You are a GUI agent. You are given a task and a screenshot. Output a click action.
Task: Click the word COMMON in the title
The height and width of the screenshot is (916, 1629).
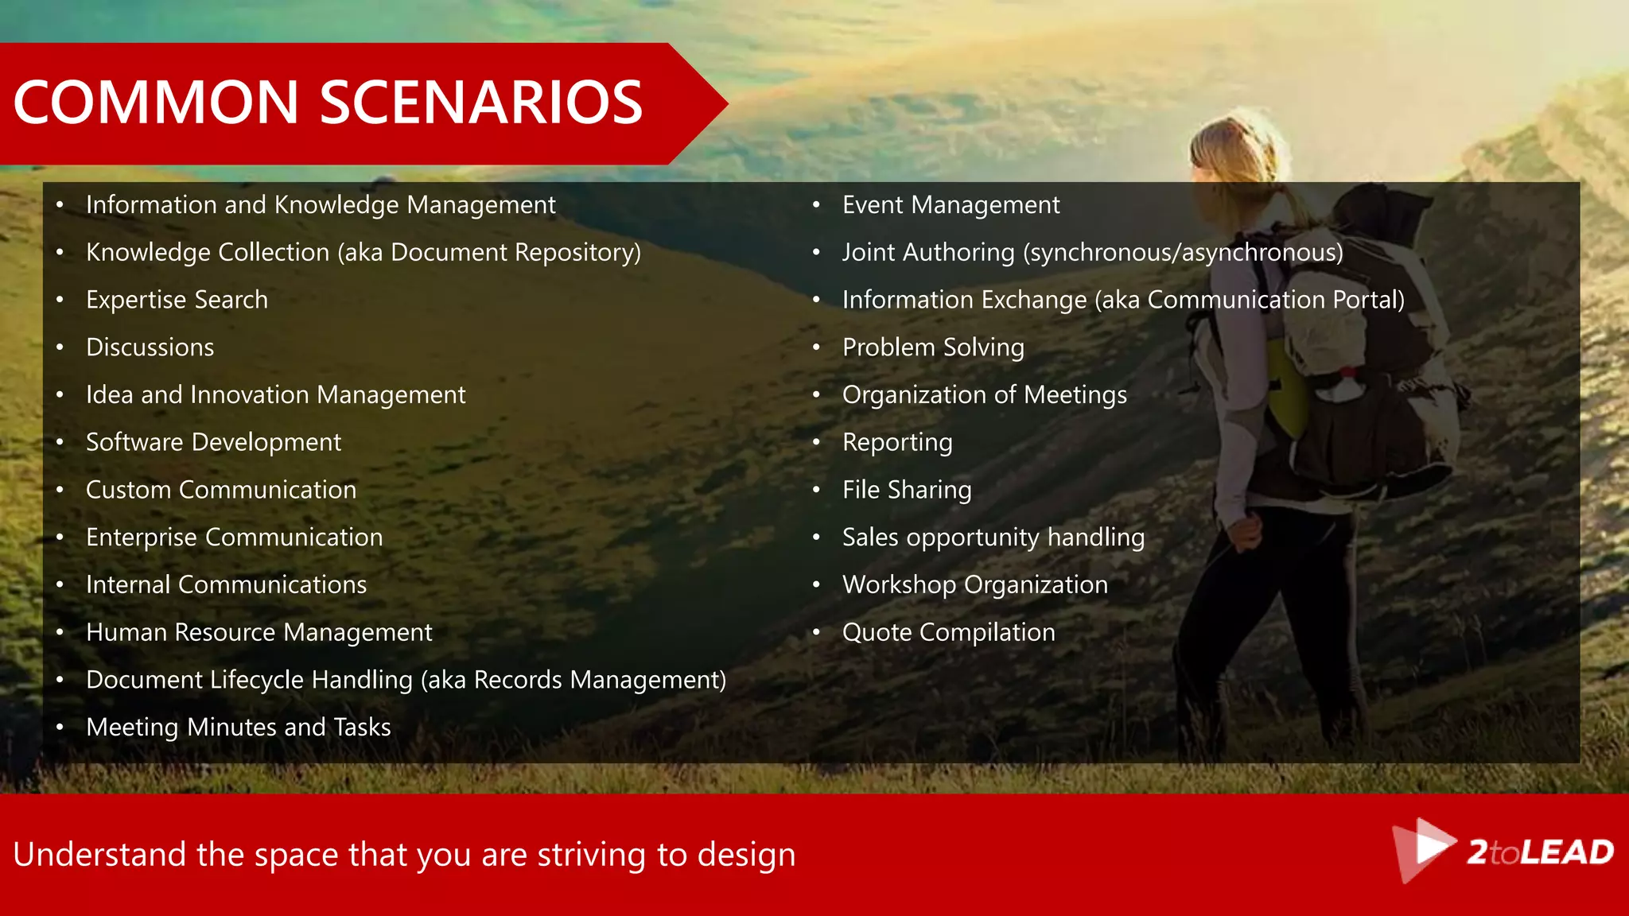coord(156,103)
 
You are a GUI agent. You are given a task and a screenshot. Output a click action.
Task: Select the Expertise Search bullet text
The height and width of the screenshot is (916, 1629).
coord(177,300)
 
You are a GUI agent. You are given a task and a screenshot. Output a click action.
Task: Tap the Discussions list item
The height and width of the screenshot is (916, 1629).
coord(150,347)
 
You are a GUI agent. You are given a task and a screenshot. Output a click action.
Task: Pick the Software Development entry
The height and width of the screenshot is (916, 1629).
coord(213,442)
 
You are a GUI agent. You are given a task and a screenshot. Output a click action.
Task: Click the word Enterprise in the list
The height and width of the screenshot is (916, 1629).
coord(141,538)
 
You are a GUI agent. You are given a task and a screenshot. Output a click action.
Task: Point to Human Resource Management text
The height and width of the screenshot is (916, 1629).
coord(259,632)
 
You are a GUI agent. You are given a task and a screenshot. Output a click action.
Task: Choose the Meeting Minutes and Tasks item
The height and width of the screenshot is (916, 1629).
coord(238,728)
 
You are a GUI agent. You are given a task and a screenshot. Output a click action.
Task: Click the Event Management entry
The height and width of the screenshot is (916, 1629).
coord(951,205)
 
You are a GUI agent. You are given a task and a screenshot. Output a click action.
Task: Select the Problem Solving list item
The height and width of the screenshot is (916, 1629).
coord(933,347)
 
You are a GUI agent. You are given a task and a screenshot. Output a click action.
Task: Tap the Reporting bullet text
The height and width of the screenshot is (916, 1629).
coord(897,442)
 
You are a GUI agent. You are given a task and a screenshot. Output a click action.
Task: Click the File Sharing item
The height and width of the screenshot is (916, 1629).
coord(907,490)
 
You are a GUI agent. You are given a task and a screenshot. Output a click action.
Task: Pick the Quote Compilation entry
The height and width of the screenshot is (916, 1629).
coord(948,632)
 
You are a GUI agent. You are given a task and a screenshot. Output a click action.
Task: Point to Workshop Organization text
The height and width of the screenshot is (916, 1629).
coord(974,585)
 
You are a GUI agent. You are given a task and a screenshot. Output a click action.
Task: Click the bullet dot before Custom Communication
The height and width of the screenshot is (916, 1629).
coord(60,491)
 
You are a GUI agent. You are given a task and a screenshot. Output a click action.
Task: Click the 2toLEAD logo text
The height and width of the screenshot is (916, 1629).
coord(1540,852)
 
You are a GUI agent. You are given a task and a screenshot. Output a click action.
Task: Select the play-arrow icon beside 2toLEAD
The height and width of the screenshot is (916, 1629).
coord(1424,848)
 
